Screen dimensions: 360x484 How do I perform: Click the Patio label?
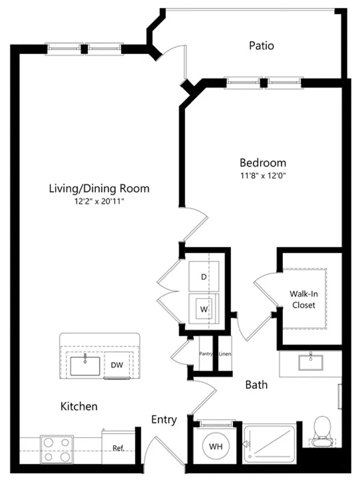tap(261, 46)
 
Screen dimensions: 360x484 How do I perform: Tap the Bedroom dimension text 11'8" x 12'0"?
tap(263, 176)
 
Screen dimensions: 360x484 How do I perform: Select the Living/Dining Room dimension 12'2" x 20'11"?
tap(99, 201)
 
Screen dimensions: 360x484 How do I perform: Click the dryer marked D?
tap(203, 276)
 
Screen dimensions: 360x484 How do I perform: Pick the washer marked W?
tap(203, 309)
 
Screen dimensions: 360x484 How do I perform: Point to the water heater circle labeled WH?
tap(216, 446)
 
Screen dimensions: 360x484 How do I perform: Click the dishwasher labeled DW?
tap(117, 365)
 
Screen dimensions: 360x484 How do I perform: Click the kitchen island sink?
tap(85, 366)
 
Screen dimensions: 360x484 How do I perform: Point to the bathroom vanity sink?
tap(311, 363)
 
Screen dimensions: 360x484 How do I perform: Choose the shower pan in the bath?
tap(269, 444)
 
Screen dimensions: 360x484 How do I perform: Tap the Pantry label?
tap(206, 354)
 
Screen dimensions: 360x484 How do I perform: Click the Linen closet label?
tap(225, 354)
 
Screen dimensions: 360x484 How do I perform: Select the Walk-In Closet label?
tap(303, 299)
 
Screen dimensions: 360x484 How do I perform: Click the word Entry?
tap(164, 420)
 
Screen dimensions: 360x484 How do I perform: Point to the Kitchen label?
tap(79, 406)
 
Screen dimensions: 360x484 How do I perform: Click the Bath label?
tap(256, 385)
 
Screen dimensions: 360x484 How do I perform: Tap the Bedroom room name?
tap(263, 163)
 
